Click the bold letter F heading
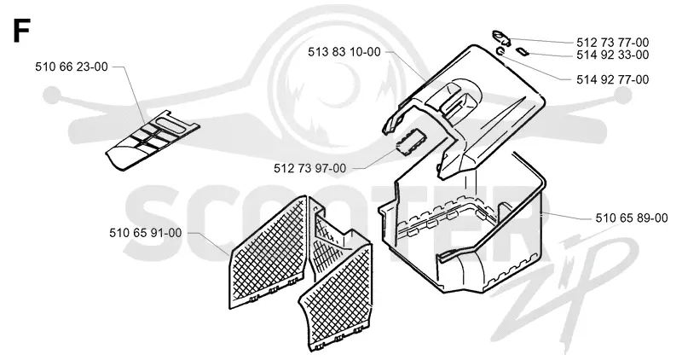[20, 31]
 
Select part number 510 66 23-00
[72, 67]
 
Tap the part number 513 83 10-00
[344, 52]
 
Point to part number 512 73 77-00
[612, 43]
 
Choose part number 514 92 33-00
[612, 55]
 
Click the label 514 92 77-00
[612, 80]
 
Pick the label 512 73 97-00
[310, 168]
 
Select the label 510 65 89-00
[632, 218]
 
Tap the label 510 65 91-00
[145, 234]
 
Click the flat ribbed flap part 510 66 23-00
[153, 141]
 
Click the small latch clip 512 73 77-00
[501, 37]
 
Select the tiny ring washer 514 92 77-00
[500, 52]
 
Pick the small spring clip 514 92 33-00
[522, 52]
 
